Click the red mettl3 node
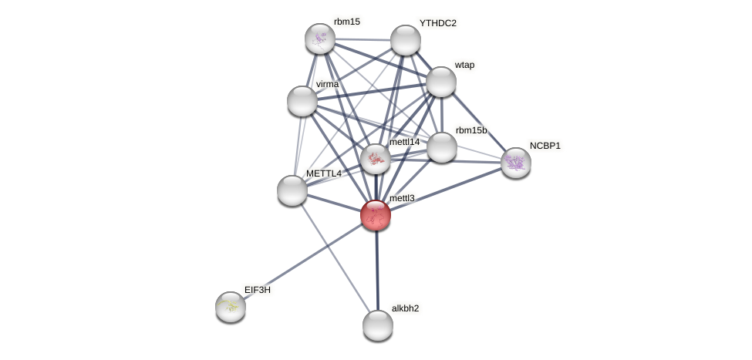point(376,215)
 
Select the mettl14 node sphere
point(376,159)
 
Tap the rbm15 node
point(320,39)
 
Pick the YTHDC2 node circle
point(406,40)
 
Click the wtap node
point(441,82)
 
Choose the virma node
point(302,101)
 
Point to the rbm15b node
point(442,147)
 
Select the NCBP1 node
point(516,163)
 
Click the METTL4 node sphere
point(292,190)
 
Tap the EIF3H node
point(231,307)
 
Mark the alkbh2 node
point(378,325)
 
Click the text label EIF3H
point(258,290)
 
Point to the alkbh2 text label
point(405,308)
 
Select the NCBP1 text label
point(545,146)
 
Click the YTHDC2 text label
point(437,23)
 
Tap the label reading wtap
point(464,65)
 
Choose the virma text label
point(327,84)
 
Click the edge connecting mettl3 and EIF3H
point(303,261)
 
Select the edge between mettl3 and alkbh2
point(376,270)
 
